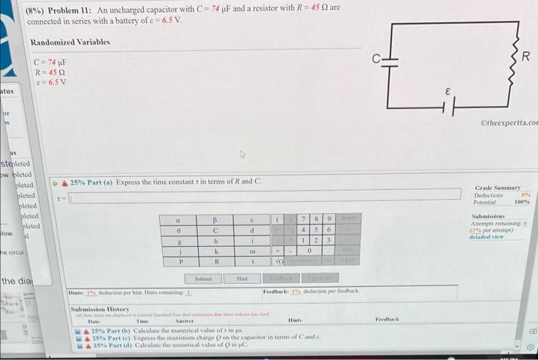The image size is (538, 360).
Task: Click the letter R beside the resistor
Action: (x=525, y=58)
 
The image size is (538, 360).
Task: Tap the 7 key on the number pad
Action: (x=307, y=220)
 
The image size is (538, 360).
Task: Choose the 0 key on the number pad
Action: (x=307, y=251)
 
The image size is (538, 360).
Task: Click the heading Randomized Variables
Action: (x=70, y=42)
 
